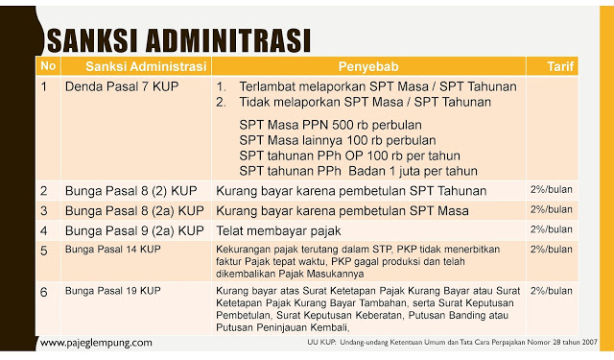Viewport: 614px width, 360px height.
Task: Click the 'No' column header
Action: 49,66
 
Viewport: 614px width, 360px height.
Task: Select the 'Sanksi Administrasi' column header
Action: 145,66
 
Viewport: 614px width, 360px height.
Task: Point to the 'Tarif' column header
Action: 559,66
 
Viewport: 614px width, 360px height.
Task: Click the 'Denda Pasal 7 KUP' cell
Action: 114,86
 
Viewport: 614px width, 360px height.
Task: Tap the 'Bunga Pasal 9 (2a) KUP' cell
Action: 133,230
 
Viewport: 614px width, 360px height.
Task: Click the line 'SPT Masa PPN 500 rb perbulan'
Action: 330,126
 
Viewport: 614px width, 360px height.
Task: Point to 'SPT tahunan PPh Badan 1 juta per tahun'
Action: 358,171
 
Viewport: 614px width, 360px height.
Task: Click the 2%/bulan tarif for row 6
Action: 551,289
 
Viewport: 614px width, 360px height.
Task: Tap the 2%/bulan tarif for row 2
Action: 551,189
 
